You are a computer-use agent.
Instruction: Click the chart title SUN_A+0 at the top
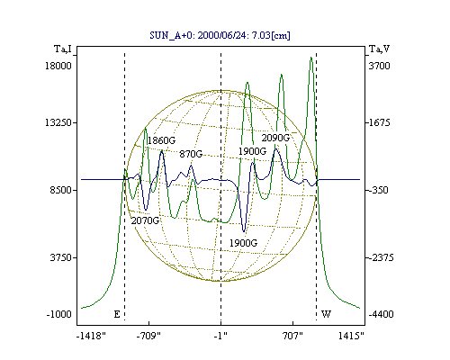[220, 35]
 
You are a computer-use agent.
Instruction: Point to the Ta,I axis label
[63, 49]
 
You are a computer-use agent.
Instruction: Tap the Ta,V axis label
[379, 49]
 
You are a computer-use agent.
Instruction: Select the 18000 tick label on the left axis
[58, 66]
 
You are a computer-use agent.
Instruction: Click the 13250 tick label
[58, 122]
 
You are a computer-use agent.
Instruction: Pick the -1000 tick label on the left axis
[59, 314]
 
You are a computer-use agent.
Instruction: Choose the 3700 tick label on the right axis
[379, 66]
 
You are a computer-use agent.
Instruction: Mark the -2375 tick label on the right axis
[381, 257]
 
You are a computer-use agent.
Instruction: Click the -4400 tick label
[381, 314]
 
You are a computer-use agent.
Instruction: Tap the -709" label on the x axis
[148, 336]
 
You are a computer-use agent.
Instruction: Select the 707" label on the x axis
[293, 336]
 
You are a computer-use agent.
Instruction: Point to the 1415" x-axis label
[351, 336]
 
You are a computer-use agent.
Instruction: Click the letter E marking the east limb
[117, 314]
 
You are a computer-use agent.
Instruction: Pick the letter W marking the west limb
[326, 314]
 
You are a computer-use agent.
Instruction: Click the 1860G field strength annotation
[161, 140]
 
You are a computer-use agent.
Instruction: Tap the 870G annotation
[191, 154]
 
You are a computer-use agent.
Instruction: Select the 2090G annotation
[275, 138]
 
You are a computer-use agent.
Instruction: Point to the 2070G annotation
[145, 220]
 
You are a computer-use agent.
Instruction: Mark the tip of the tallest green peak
[311, 57]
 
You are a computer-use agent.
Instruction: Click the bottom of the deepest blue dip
[244, 231]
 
